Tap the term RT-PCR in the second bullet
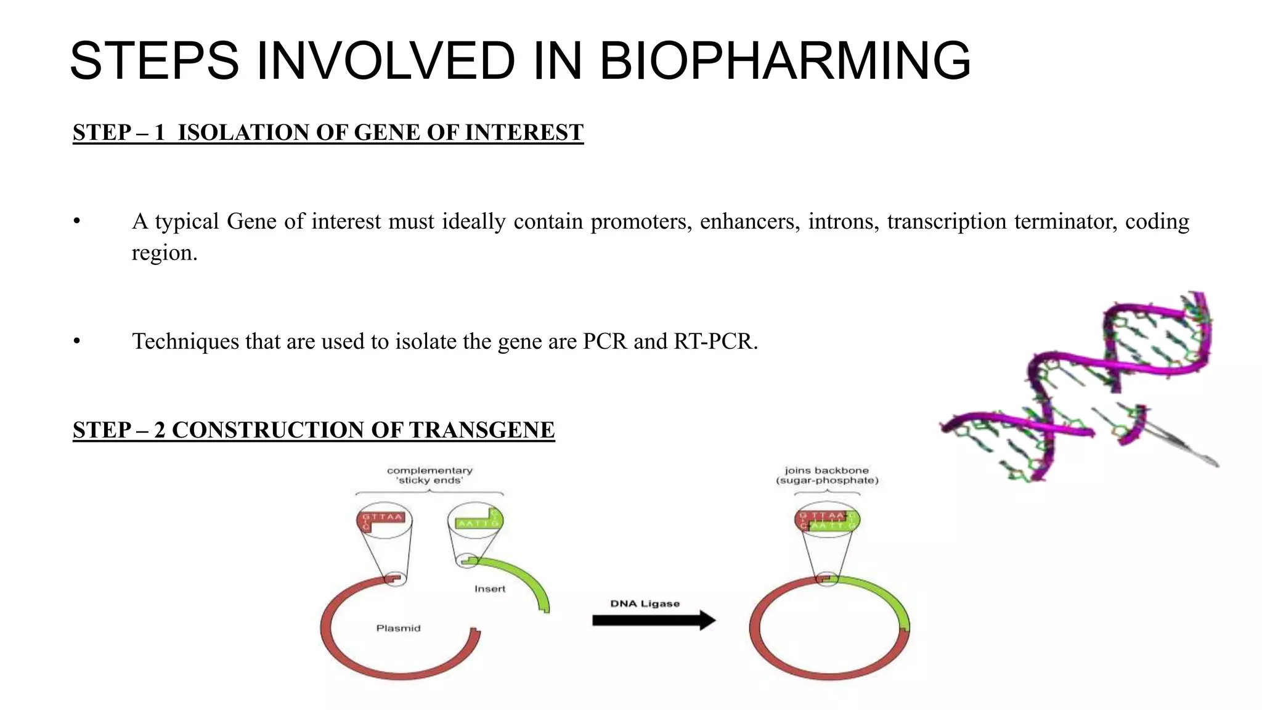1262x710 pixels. (715, 341)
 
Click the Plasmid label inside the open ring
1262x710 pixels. (398, 628)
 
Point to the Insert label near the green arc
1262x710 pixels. (490, 589)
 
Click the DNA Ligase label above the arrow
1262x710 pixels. (645, 603)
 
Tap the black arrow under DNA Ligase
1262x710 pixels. (653, 620)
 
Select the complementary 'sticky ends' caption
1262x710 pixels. (429, 475)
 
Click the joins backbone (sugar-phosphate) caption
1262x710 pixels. (827, 475)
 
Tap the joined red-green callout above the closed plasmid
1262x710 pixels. (827, 520)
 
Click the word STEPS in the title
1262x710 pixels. (154, 60)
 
